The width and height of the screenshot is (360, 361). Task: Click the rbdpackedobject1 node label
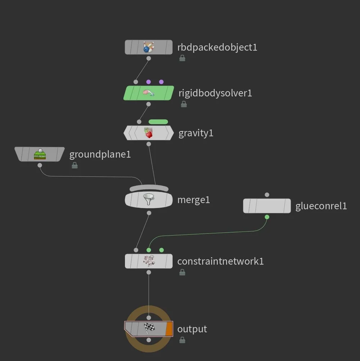(x=217, y=47)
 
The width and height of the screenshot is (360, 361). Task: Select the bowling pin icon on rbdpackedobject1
(x=148, y=47)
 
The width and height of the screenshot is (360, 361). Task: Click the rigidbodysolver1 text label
(x=215, y=93)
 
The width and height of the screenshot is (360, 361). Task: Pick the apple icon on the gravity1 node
(x=148, y=133)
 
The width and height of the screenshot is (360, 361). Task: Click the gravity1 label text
(x=196, y=133)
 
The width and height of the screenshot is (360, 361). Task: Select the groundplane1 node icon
(x=40, y=154)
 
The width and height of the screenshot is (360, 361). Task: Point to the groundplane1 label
(x=100, y=155)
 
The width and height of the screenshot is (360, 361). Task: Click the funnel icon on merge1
(x=148, y=199)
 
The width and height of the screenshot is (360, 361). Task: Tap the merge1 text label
(x=193, y=200)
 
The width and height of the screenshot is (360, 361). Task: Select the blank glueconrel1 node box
(x=267, y=206)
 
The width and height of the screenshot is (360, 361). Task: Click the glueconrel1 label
(x=321, y=206)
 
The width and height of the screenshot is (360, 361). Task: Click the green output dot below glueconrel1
(x=267, y=217)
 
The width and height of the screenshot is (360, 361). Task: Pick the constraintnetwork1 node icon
(x=148, y=261)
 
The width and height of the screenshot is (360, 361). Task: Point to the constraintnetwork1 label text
(x=220, y=261)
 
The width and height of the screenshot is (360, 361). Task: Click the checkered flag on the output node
(x=149, y=328)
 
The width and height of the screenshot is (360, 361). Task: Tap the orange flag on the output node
(x=169, y=329)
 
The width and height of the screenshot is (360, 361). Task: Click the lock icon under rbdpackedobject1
(x=182, y=58)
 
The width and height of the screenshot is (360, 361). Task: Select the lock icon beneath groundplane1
(x=75, y=165)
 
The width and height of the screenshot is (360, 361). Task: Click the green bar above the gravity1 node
(x=158, y=122)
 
